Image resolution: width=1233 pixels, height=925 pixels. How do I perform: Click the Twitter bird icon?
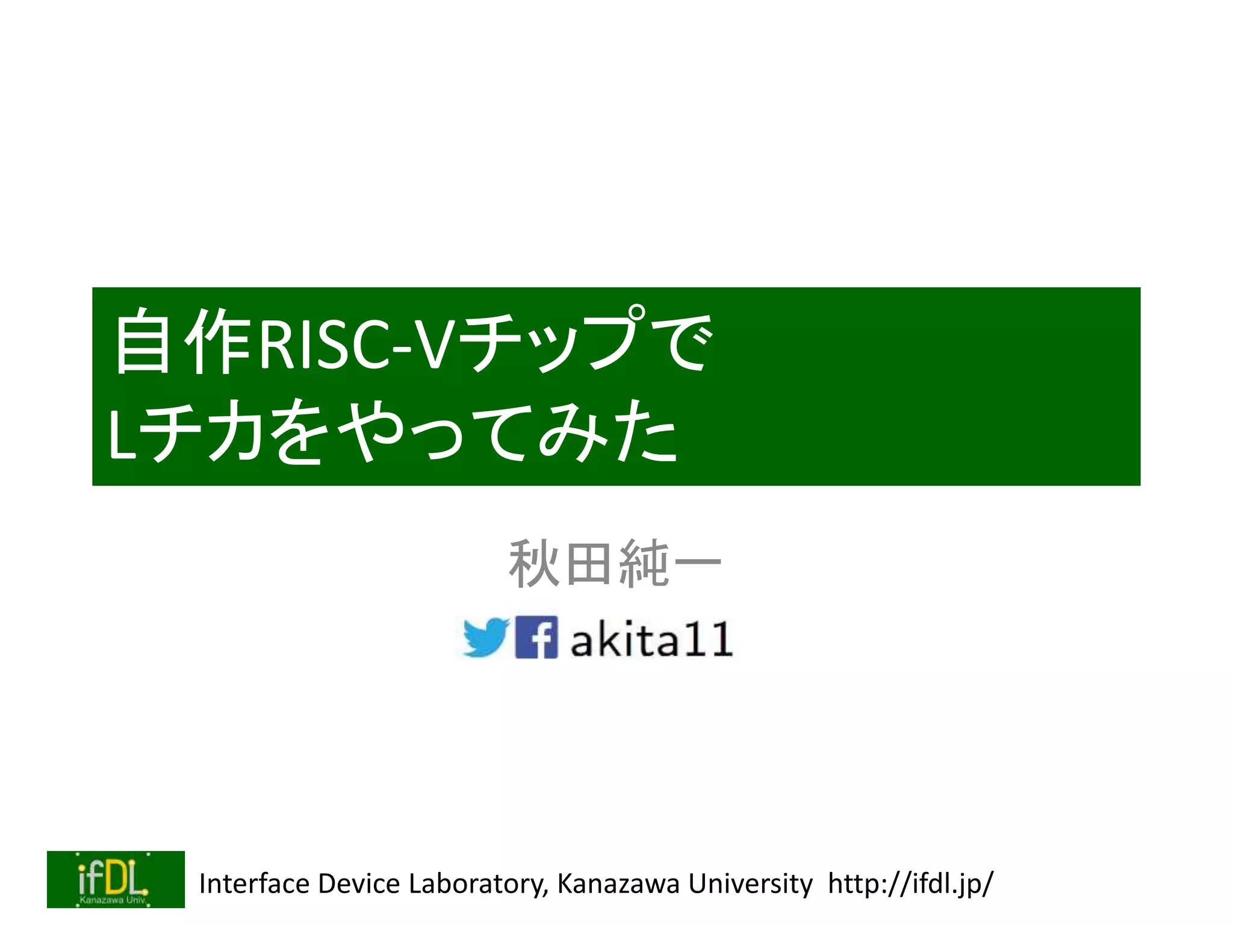click(486, 637)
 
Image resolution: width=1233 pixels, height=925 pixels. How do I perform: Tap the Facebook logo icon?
click(536, 637)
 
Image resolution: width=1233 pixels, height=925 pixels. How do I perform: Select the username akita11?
click(651, 640)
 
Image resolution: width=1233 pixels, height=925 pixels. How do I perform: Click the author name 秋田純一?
click(615, 564)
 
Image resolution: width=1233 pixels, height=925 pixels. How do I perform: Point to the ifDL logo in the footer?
click(116, 879)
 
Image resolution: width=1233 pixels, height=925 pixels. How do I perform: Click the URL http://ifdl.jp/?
click(910, 884)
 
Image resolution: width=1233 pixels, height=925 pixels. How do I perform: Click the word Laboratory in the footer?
click(478, 884)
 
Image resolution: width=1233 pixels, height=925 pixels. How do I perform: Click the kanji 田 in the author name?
click(588, 564)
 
